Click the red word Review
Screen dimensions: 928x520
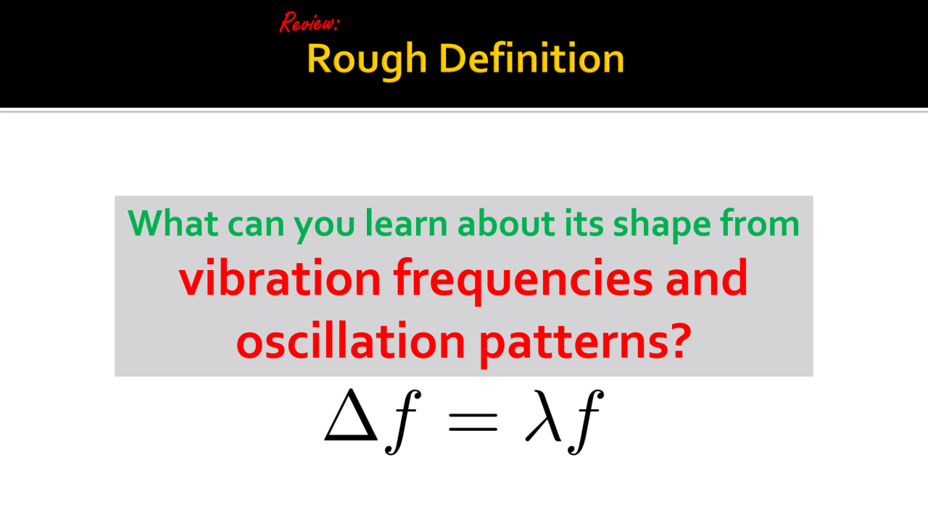[x=309, y=22]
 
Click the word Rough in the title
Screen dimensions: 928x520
[x=367, y=59]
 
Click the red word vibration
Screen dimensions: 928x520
[x=280, y=277]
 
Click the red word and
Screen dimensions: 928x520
[x=706, y=277]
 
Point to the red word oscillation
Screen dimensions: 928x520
[x=350, y=340]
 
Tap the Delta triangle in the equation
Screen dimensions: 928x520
[x=350, y=414]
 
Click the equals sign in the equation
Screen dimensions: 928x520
[x=473, y=422]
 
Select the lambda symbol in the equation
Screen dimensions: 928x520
[x=543, y=416]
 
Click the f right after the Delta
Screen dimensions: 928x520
[x=403, y=422]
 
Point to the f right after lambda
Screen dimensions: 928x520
[x=586, y=422]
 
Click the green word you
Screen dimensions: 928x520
[x=324, y=227]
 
